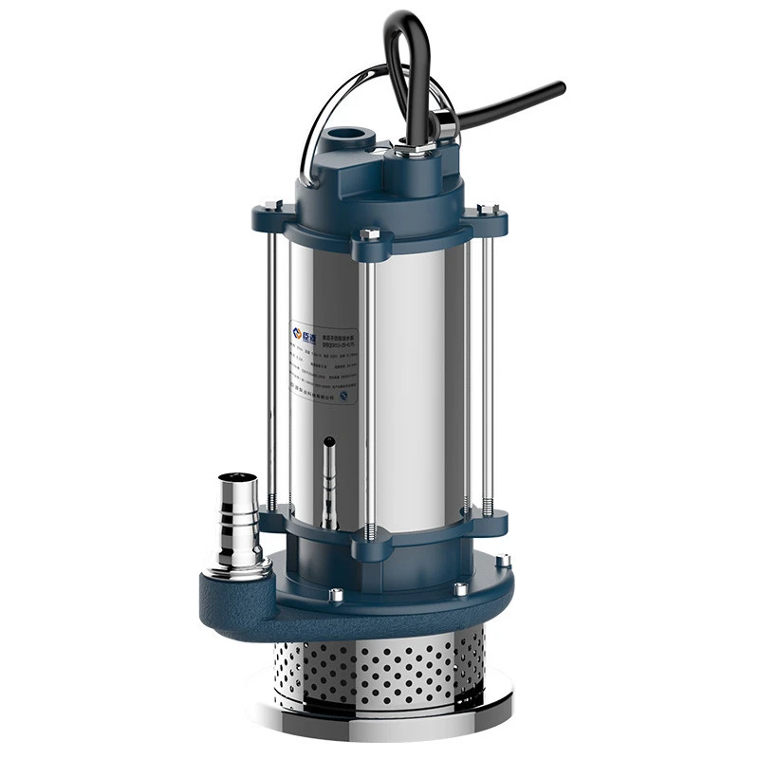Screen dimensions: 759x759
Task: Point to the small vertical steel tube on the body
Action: [328, 479]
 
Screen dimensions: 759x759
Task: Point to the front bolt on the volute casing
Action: [336, 595]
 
